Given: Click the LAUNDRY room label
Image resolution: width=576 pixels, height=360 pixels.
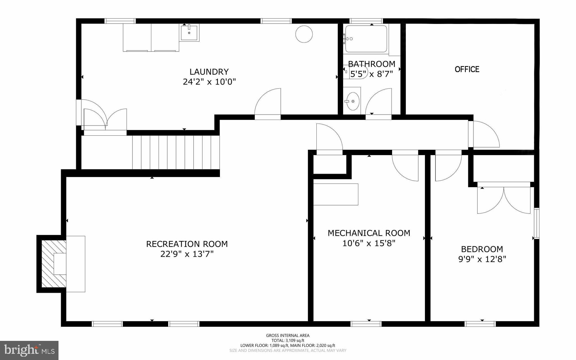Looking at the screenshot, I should pyautogui.click(x=209, y=72).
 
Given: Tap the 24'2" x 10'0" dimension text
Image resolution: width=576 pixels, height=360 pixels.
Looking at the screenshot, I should pyautogui.click(x=209, y=82).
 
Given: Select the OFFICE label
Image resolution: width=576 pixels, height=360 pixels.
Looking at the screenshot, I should pyautogui.click(x=467, y=69).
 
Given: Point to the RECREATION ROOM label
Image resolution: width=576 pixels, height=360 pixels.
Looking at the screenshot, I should pyautogui.click(x=187, y=244).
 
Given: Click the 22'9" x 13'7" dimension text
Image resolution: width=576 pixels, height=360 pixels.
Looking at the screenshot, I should pyautogui.click(x=187, y=254).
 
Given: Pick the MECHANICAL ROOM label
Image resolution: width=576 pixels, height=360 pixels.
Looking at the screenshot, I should pyautogui.click(x=369, y=233).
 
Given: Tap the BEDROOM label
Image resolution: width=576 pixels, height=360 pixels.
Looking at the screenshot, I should pyautogui.click(x=482, y=249).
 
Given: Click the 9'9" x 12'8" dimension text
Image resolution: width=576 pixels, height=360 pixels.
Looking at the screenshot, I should pyautogui.click(x=482, y=259).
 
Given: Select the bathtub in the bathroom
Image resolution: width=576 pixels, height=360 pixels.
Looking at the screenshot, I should pyautogui.click(x=366, y=39).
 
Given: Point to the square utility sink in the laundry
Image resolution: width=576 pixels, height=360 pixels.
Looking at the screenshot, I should pyautogui.click(x=189, y=33).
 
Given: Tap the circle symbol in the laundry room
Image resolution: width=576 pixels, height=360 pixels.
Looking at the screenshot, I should pyautogui.click(x=304, y=34).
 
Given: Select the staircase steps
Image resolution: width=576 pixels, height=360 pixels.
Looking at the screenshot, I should pyautogui.click(x=176, y=152).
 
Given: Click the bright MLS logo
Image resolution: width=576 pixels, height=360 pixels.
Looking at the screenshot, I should pyautogui.click(x=29, y=350).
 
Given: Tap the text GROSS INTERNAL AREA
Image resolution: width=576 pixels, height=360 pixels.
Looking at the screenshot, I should pyautogui.click(x=288, y=336).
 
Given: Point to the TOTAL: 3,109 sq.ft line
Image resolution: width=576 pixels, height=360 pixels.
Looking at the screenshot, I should pyautogui.click(x=288, y=341).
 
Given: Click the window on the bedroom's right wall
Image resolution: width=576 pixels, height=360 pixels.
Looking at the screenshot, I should pyautogui.click(x=537, y=223).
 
